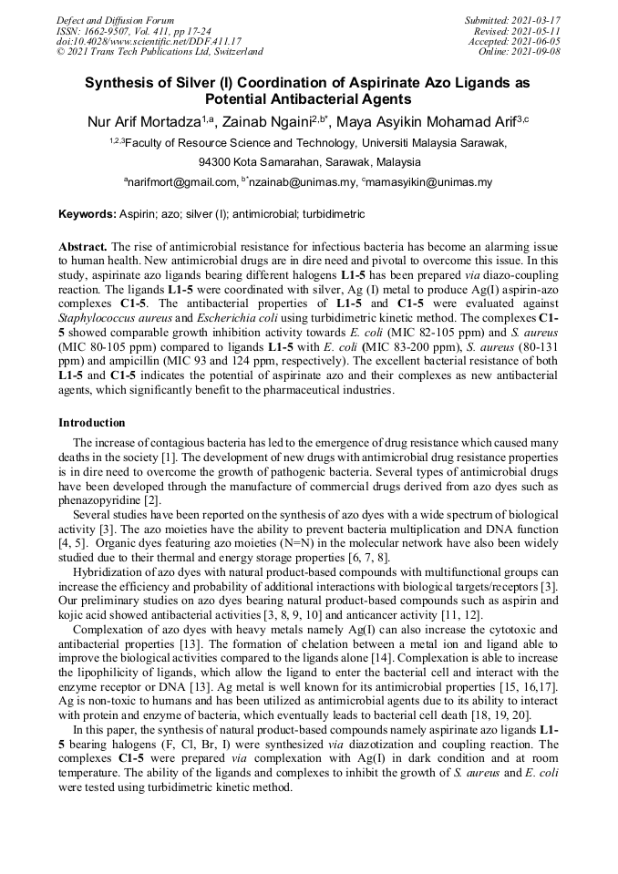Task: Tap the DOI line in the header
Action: (x=149, y=41)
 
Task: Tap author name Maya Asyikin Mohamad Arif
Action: (x=428, y=121)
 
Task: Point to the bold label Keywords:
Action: (x=87, y=214)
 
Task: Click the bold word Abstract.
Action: (x=82, y=247)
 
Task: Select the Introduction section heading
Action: (x=92, y=423)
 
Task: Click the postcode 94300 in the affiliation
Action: (x=214, y=162)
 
